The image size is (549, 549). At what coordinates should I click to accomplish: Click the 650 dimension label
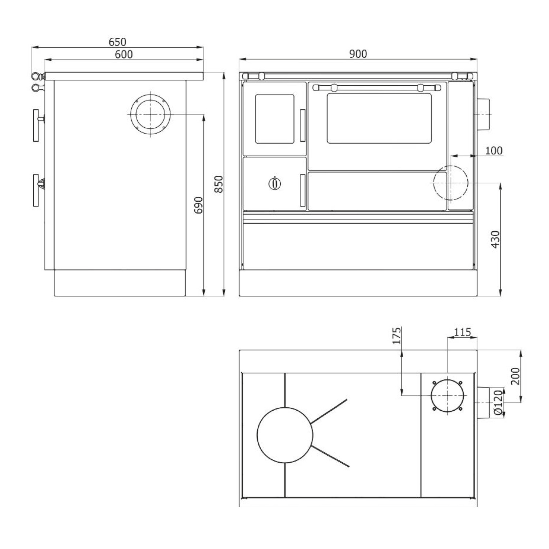pyautogui.click(x=117, y=42)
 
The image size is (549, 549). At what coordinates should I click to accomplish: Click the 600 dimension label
pyautogui.click(x=124, y=54)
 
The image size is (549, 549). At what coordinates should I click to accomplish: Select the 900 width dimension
pyautogui.click(x=358, y=54)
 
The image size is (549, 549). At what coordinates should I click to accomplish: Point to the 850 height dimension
pyautogui.click(x=219, y=184)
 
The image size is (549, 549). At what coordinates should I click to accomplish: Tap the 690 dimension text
pyautogui.click(x=198, y=205)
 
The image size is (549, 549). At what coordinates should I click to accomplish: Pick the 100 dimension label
pyautogui.click(x=494, y=150)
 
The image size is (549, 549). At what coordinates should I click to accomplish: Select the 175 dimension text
pyautogui.click(x=397, y=336)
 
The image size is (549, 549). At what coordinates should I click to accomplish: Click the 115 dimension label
pyautogui.click(x=462, y=332)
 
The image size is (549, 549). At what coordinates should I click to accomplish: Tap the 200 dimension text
pyautogui.click(x=515, y=376)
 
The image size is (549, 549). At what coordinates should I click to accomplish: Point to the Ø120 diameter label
pyautogui.click(x=497, y=403)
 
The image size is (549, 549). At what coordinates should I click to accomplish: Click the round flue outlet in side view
pyautogui.click(x=150, y=114)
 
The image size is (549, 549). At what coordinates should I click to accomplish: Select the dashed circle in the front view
pyautogui.click(x=451, y=183)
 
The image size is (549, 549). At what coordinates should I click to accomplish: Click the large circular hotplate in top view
pyautogui.click(x=285, y=435)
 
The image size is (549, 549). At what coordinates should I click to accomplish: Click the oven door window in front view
pyautogui.click(x=379, y=118)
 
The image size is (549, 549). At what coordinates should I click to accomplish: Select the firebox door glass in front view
pyautogui.click(x=274, y=119)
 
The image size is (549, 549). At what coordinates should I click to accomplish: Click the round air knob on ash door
pyautogui.click(x=274, y=183)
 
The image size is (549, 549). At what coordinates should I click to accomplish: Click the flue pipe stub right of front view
pyautogui.click(x=483, y=114)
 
